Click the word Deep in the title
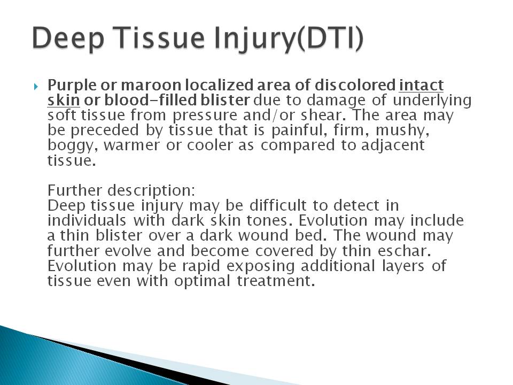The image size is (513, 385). tap(68, 38)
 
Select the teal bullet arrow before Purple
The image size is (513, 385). tap(36, 87)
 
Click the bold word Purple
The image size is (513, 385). tap(72, 86)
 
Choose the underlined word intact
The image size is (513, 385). tap(422, 85)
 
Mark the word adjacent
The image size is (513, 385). tap(393, 145)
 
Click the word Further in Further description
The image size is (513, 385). tap(75, 190)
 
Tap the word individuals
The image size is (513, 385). tap(87, 220)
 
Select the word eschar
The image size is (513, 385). tap(403, 250)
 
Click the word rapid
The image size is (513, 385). tap(201, 266)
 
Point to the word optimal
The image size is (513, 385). tap(202, 281)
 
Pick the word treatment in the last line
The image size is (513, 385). tap(276, 281)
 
